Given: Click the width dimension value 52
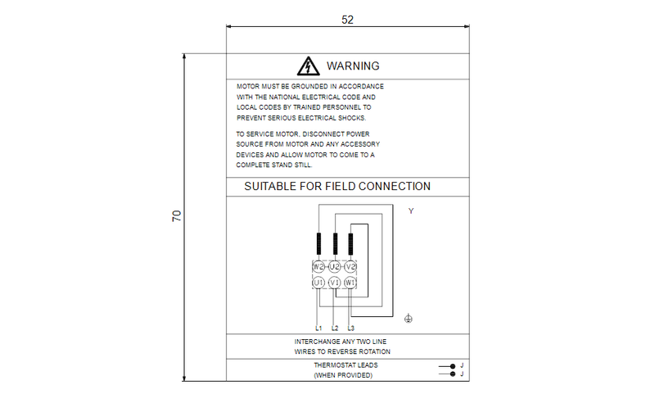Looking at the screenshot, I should coord(347,20).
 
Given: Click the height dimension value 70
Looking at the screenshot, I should coord(176,216).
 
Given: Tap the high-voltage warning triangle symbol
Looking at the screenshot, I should coord(307,66).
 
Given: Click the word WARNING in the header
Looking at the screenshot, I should coord(353,66).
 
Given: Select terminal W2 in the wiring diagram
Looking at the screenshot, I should coord(318,266).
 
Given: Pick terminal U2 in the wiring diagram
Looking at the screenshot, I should coord(334,266).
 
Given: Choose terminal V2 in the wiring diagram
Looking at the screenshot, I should coord(350,266).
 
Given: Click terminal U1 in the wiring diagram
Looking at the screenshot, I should coord(318,282).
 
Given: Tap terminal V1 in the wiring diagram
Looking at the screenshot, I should coord(334,282).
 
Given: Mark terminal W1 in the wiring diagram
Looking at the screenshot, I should coord(350,282).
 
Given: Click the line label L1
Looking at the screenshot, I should coord(318,328).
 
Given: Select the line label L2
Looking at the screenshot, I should coord(335,328).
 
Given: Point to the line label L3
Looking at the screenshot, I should coord(351,328).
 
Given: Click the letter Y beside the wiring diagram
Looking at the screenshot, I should coord(411,211).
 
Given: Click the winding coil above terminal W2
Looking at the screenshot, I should coord(318,244).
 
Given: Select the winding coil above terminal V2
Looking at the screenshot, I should coord(350,244).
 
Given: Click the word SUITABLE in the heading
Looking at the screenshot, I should coord(271,187).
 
